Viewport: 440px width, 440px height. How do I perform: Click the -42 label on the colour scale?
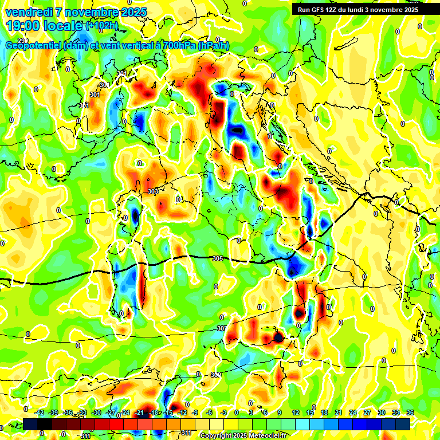[x=40, y=412]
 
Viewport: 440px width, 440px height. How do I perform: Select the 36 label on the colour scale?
[x=410, y=412]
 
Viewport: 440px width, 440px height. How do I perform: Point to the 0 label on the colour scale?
[x=236, y=412]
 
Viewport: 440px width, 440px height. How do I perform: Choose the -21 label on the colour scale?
[x=140, y=412]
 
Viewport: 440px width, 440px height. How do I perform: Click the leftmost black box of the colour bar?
[x=30, y=424]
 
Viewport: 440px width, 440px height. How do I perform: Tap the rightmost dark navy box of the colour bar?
[x=402, y=424]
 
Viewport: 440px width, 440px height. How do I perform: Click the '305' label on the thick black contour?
[x=217, y=258]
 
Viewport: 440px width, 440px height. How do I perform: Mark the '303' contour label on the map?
[x=152, y=191]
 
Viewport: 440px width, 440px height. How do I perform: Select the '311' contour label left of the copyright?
[x=85, y=436]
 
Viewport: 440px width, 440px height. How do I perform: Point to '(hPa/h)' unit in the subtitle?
[x=214, y=46]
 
